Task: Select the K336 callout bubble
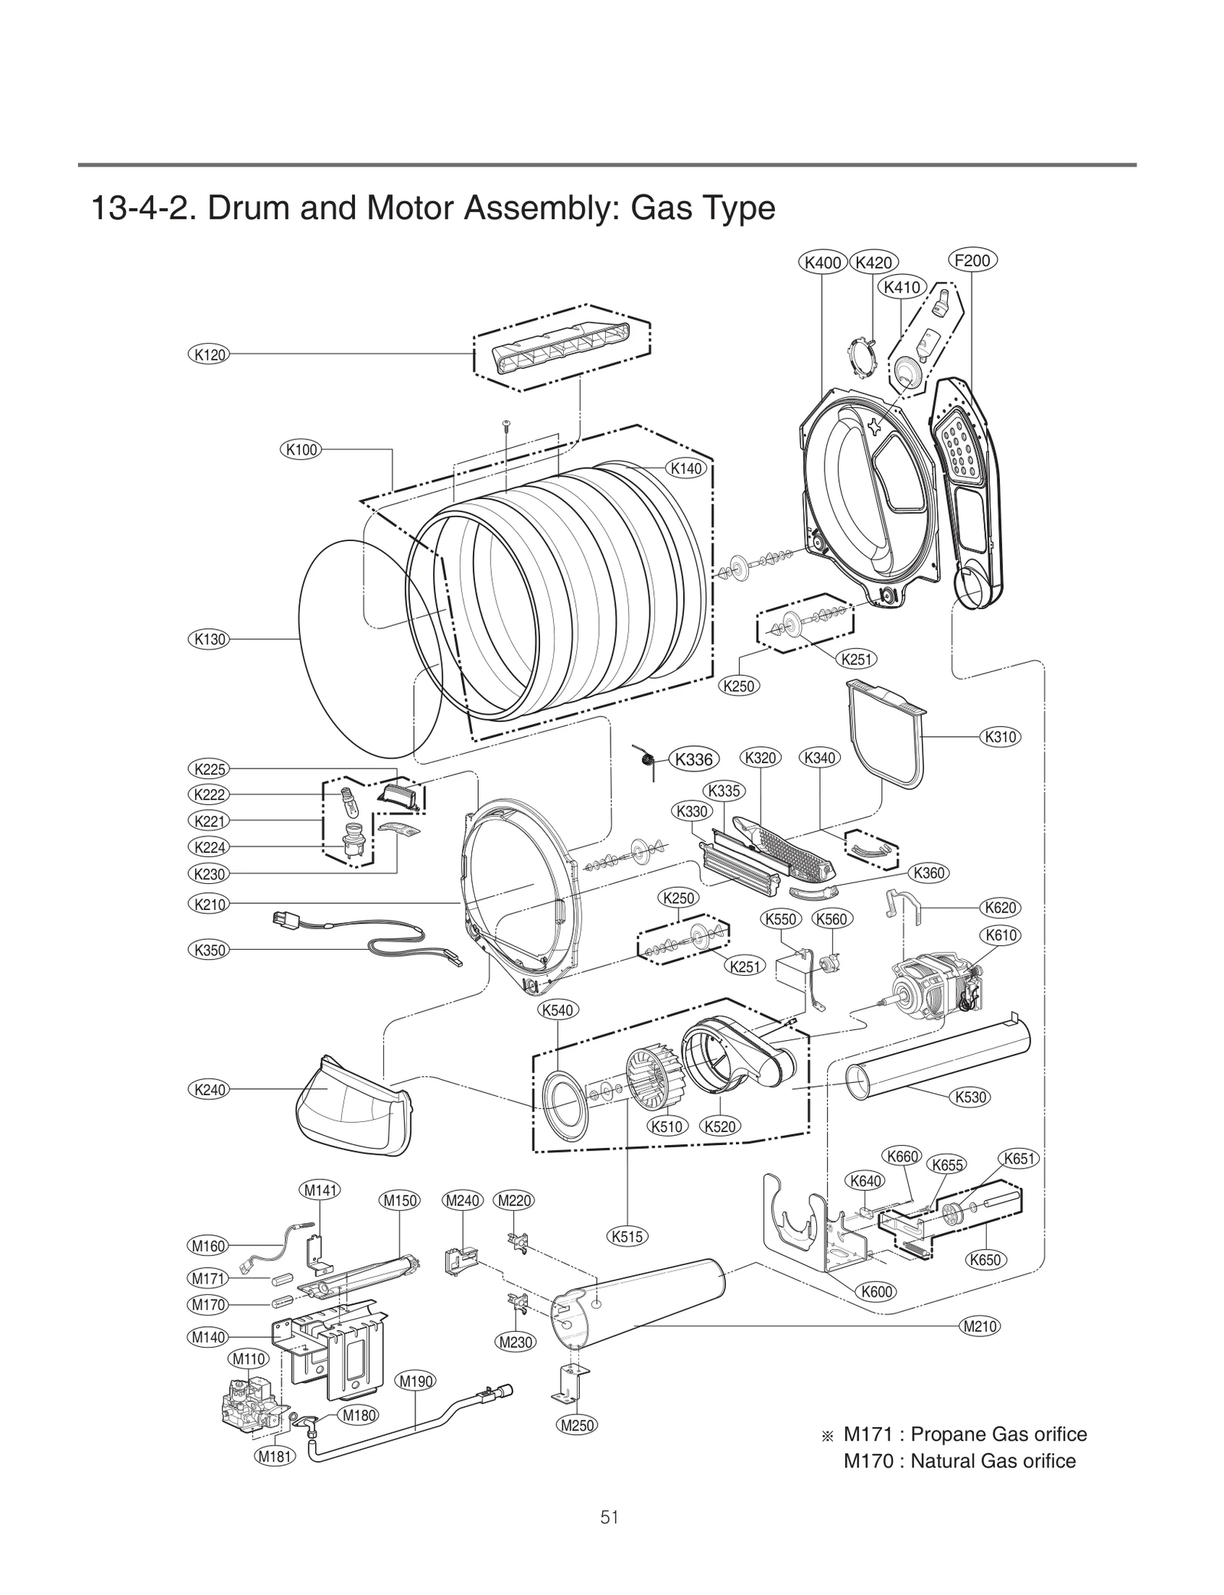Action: tap(694, 759)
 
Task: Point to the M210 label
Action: tap(980, 1326)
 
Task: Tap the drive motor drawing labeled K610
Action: tap(935, 995)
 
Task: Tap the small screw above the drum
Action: tap(506, 425)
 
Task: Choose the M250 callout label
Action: tap(578, 1425)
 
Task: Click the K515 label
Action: tap(627, 1235)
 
